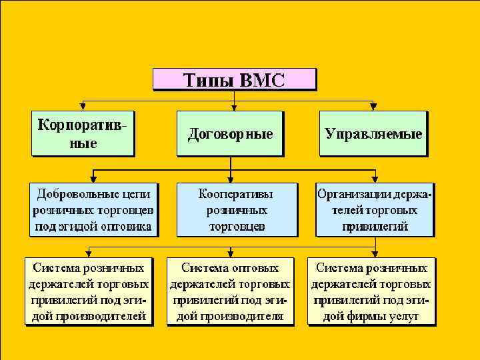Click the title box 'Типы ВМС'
tap(234, 80)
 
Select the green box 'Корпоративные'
tap(82, 133)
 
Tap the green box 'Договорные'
tap(230, 133)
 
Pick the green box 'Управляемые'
tap(373, 133)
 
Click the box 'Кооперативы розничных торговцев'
tap(237, 210)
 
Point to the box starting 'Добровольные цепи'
tap(93, 210)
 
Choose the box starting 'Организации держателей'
tap(375, 210)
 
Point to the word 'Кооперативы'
tap(237, 194)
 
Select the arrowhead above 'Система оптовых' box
tap(230, 254)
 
